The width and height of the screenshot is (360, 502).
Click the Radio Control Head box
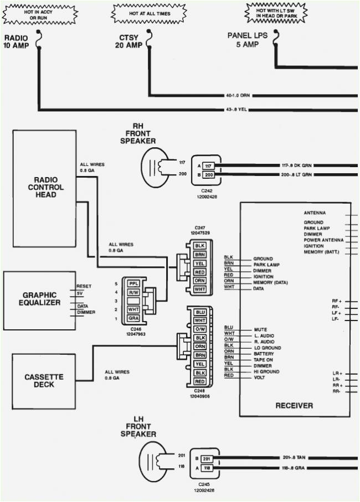(45, 188)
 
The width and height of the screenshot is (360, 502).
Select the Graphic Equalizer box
(40, 299)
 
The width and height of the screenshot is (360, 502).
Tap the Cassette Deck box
(44, 381)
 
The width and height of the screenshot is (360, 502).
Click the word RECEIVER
(294, 406)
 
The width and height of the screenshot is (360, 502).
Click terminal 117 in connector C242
(208, 165)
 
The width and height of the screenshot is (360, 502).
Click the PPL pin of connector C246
(133, 283)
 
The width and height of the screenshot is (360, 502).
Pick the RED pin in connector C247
(200, 272)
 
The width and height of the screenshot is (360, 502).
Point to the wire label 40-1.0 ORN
(238, 95)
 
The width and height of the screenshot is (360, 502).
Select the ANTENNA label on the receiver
(315, 213)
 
